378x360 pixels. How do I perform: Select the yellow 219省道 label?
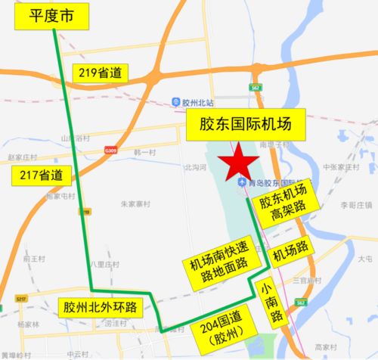point(101,73)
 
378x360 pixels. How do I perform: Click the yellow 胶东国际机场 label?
point(245,123)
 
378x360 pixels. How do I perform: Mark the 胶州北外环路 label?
point(100,307)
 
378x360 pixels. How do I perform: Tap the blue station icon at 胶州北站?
point(175,102)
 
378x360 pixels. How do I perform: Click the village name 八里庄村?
point(104,265)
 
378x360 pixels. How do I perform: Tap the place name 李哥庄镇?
point(352,205)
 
